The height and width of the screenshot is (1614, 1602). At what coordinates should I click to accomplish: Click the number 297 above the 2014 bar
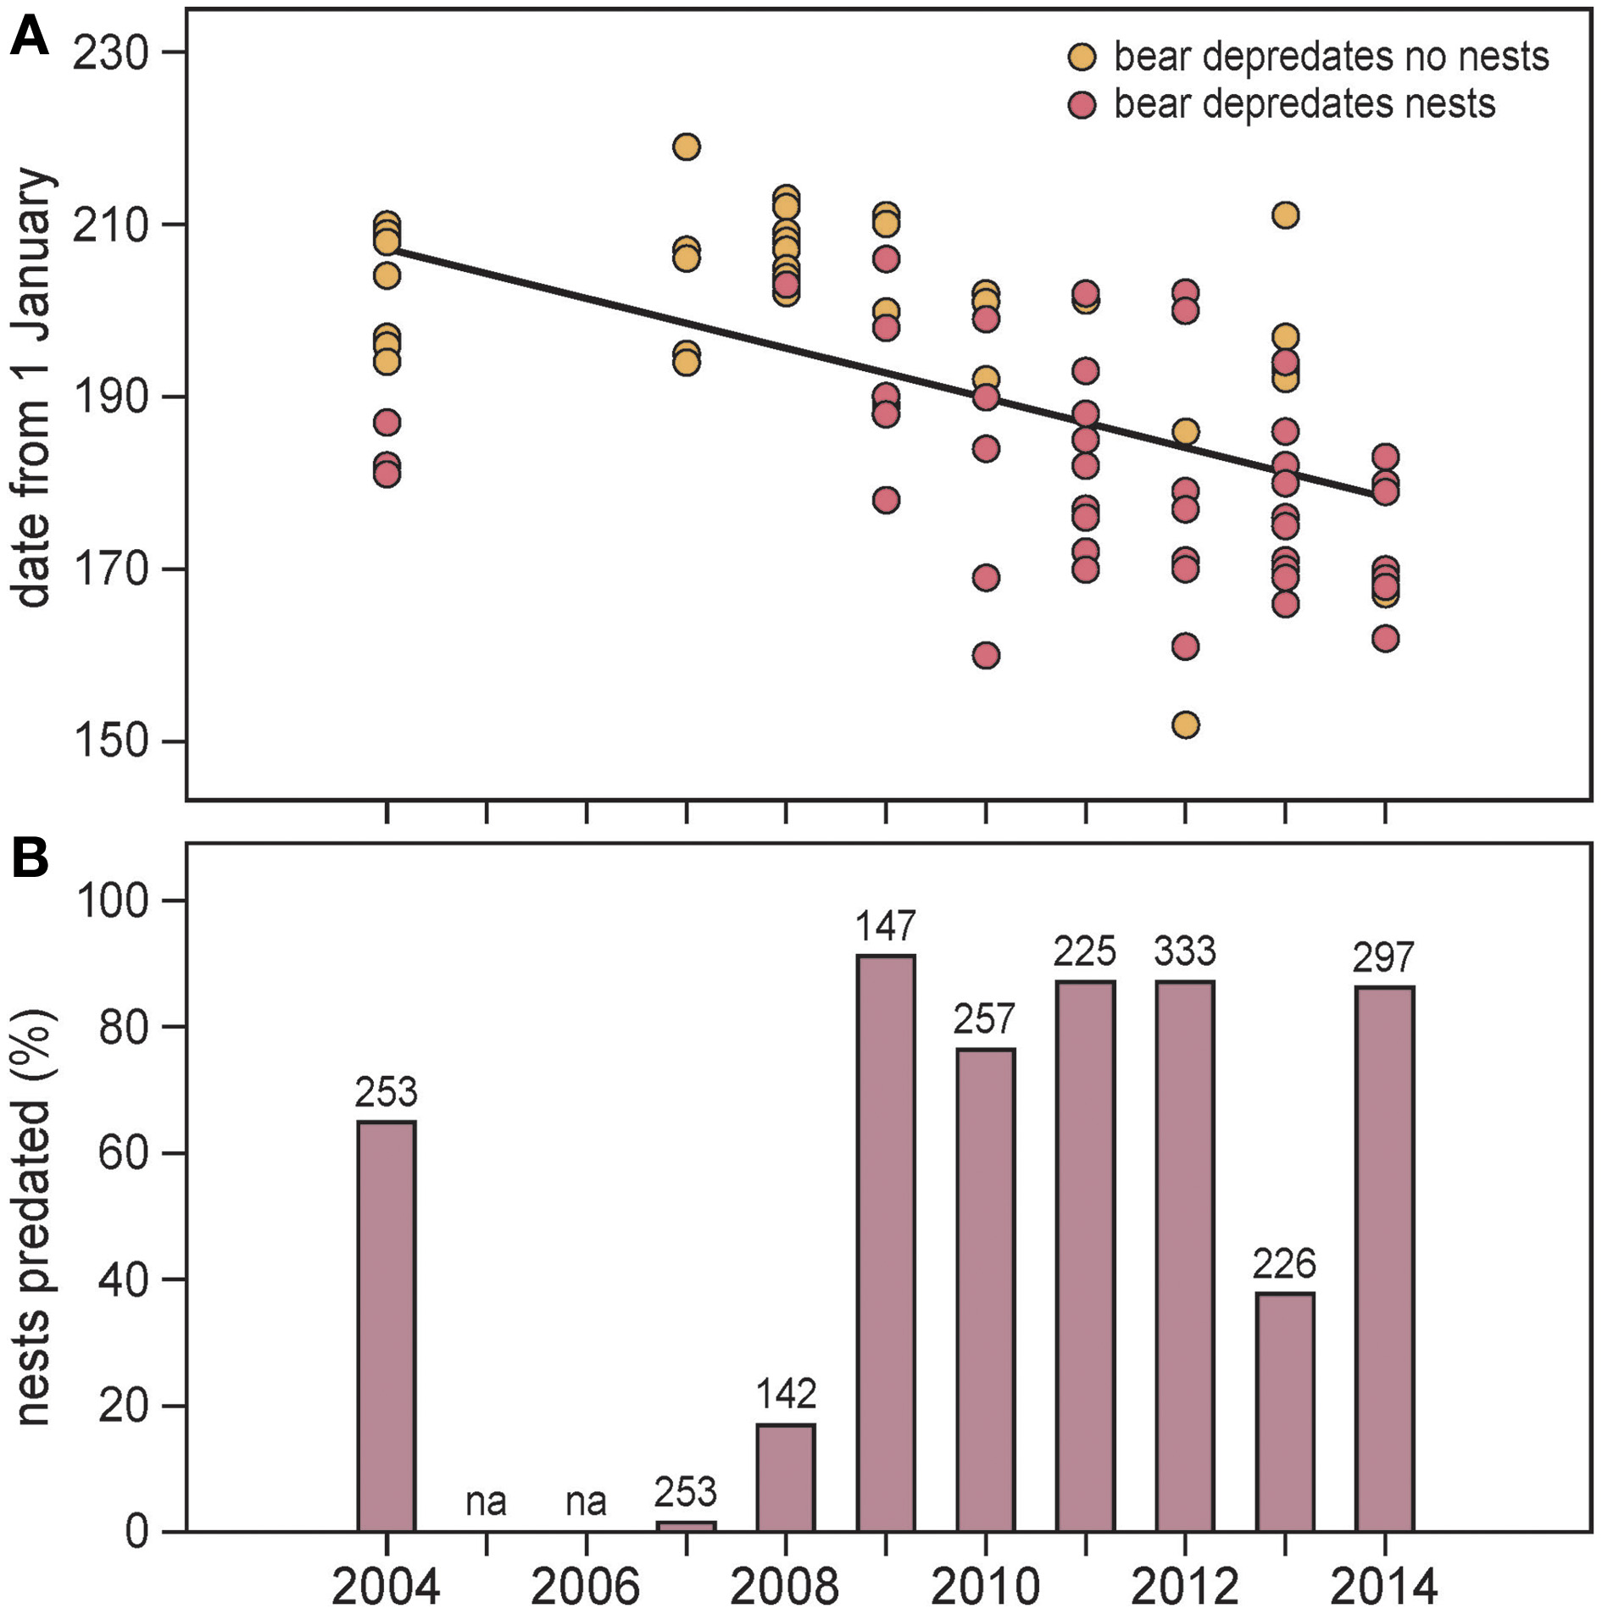(x=1384, y=958)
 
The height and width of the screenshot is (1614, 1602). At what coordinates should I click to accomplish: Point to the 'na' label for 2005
(x=486, y=1502)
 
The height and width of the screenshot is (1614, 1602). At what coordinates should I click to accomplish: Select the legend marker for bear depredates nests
(x=1082, y=105)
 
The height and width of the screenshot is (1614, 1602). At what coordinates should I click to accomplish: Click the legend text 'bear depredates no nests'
(x=1331, y=57)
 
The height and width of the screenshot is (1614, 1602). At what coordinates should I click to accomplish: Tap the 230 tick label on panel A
(x=110, y=53)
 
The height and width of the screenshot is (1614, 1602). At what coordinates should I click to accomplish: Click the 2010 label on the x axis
(x=985, y=1586)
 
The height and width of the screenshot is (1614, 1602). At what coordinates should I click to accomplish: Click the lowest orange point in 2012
(x=1185, y=725)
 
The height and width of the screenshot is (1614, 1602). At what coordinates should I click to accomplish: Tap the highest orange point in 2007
(x=686, y=147)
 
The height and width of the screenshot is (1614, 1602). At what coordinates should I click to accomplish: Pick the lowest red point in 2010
(x=986, y=655)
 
